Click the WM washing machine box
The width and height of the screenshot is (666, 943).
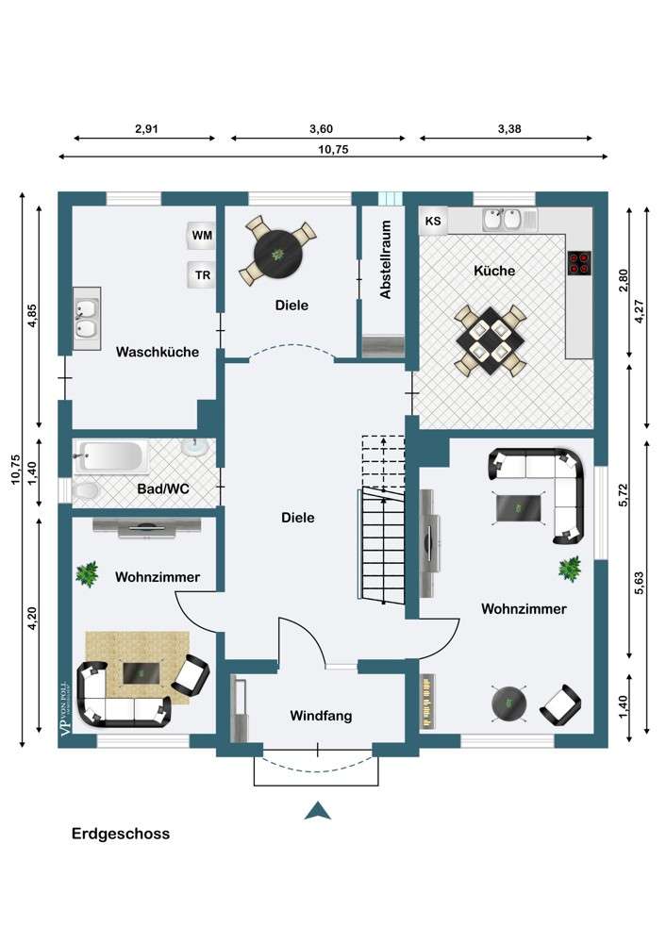[x=201, y=235]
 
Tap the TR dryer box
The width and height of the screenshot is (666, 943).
[x=201, y=274]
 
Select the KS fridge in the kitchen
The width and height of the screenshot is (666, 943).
[x=433, y=221]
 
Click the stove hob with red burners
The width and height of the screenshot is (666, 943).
[x=579, y=263]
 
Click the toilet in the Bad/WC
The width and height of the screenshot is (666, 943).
[x=85, y=491]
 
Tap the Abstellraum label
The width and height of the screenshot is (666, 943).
[x=386, y=259]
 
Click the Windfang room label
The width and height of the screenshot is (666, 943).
[x=321, y=716]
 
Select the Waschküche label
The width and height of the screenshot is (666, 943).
[x=157, y=352]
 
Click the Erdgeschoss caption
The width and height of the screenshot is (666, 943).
[x=121, y=834]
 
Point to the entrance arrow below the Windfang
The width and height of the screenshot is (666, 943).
[x=317, y=811]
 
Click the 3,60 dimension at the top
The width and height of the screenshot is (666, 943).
[x=321, y=128]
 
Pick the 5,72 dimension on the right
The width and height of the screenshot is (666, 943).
[x=623, y=495]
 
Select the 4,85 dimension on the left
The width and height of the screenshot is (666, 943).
[x=32, y=316]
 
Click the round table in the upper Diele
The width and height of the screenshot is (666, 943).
[x=277, y=253]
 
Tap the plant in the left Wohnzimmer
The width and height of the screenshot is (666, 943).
[x=87, y=573]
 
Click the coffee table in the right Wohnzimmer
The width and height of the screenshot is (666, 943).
[x=519, y=507]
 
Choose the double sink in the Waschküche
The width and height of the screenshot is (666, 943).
[x=87, y=318]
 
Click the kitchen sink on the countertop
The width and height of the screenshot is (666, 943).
[x=503, y=219]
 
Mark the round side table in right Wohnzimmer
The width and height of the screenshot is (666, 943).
[x=509, y=702]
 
